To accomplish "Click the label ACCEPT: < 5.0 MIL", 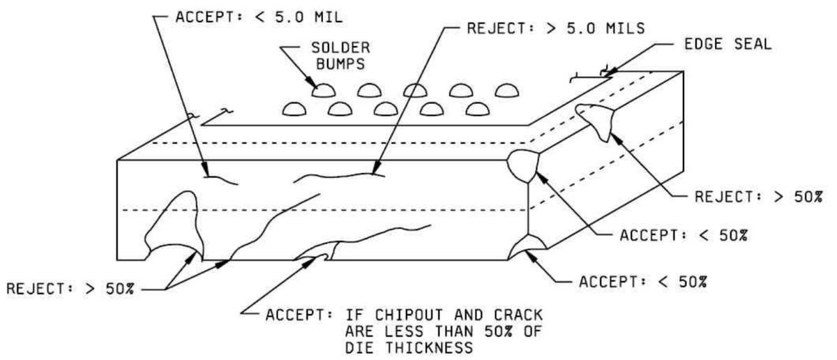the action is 259,17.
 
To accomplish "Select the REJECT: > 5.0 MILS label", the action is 556,29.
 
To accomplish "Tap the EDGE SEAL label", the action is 727,45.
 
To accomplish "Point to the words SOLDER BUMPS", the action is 340,56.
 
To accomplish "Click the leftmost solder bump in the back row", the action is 323,91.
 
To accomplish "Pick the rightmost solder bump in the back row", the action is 506,91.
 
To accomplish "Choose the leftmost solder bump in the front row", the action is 294,109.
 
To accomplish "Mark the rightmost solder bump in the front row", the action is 478,109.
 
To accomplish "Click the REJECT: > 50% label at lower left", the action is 70,289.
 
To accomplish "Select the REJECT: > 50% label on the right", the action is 759,197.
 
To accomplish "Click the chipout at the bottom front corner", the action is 527,247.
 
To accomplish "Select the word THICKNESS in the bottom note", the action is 428,348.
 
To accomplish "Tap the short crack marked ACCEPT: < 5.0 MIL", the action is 221,180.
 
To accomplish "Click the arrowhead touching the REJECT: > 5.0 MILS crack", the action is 376,167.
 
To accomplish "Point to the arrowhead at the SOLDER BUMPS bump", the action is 311,82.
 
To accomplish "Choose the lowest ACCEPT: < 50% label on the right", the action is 642,282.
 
